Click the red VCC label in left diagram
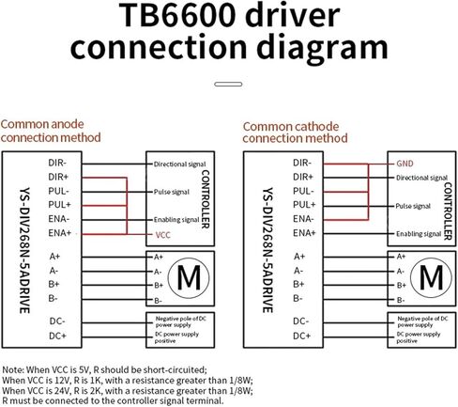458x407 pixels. (x=161, y=232)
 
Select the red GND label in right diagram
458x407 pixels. (x=405, y=163)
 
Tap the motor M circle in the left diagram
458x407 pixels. (x=189, y=277)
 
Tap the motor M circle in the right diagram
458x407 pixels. (x=431, y=277)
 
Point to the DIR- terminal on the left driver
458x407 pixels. (x=57, y=163)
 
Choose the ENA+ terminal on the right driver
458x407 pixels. (x=302, y=231)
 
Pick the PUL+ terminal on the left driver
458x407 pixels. (x=58, y=203)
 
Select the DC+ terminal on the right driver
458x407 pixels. (x=301, y=336)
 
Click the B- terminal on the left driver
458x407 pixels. (x=54, y=298)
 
